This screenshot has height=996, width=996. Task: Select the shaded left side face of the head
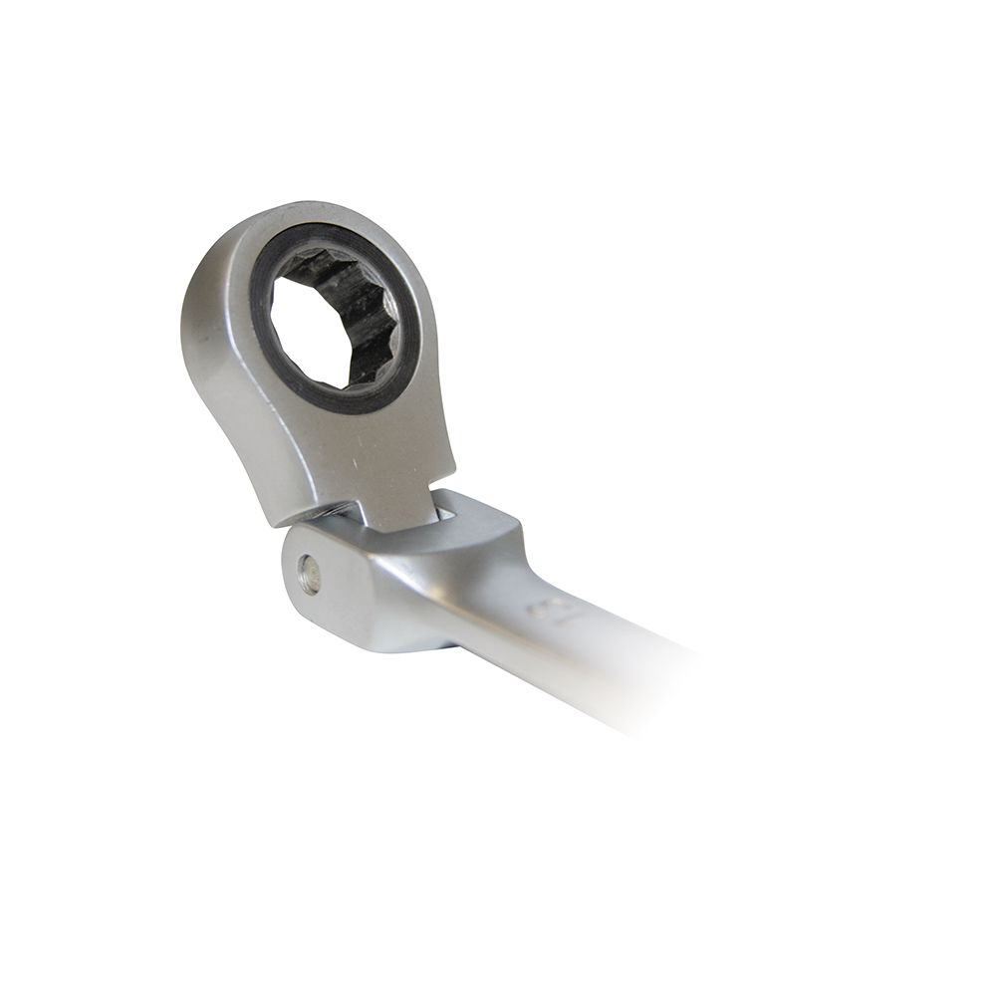tap(214, 369)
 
